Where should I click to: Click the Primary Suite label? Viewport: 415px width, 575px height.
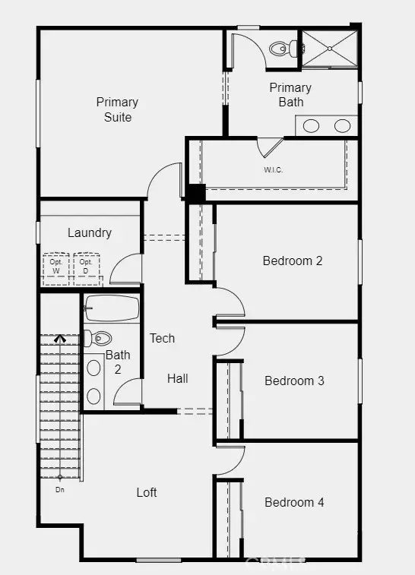(117, 109)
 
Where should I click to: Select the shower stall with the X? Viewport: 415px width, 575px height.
(330, 49)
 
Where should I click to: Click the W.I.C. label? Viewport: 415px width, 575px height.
(274, 170)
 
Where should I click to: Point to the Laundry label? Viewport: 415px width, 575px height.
(90, 232)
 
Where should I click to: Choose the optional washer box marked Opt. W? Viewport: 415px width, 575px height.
(55, 269)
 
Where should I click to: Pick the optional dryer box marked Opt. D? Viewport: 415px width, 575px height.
(86, 269)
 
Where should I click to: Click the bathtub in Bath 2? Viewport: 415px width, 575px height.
(112, 308)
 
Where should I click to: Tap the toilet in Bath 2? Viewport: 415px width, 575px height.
(97, 338)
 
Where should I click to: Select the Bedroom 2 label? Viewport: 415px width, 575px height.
(293, 261)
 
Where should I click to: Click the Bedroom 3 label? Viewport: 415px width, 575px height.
(294, 381)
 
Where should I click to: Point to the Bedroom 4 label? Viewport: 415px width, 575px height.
(294, 502)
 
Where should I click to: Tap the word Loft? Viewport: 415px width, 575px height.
(147, 492)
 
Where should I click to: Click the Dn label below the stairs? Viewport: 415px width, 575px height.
(60, 490)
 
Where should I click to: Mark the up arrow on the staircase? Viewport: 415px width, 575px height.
(60, 339)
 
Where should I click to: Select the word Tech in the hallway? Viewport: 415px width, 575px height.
(162, 338)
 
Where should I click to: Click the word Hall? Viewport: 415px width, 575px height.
(178, 378)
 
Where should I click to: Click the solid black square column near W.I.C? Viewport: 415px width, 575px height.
(195, 192)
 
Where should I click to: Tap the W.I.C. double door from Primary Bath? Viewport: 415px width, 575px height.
(270, 147)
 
